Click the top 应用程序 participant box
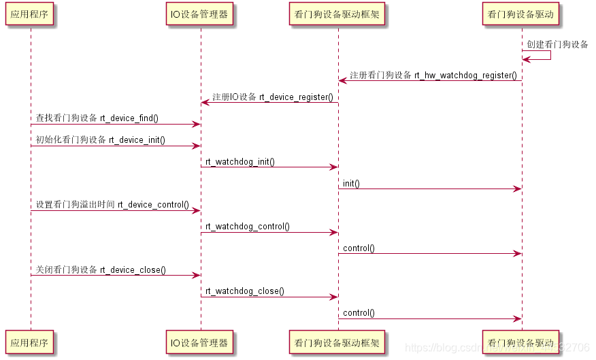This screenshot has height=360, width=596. [x=30, y=14]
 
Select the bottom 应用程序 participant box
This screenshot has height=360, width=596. [x=30, y=342]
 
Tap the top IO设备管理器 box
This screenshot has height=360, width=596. [x=200, y=14]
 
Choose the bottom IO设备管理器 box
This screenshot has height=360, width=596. [x=200, y=342]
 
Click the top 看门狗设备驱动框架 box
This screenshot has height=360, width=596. [x=337, y=14]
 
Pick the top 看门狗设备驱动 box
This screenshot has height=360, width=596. [x=521, y=14]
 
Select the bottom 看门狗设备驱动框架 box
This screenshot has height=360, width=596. [x=337, y=342]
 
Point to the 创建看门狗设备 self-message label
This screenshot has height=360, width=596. [x=557, y=45]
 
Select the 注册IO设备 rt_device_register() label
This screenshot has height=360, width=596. [x=272, y=97]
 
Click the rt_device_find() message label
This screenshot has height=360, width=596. [x=97, y=118]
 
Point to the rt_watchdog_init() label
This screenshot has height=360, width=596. [x=239, y=161]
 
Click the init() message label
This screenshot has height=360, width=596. [x=351, y=183]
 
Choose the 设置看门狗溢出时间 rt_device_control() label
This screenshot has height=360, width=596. [x=112, y=204]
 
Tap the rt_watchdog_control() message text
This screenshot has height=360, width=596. [x=247, y=226]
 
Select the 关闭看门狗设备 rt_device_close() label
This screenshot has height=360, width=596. [x=101, y=269]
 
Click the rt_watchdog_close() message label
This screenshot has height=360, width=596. [x=244, y=291]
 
